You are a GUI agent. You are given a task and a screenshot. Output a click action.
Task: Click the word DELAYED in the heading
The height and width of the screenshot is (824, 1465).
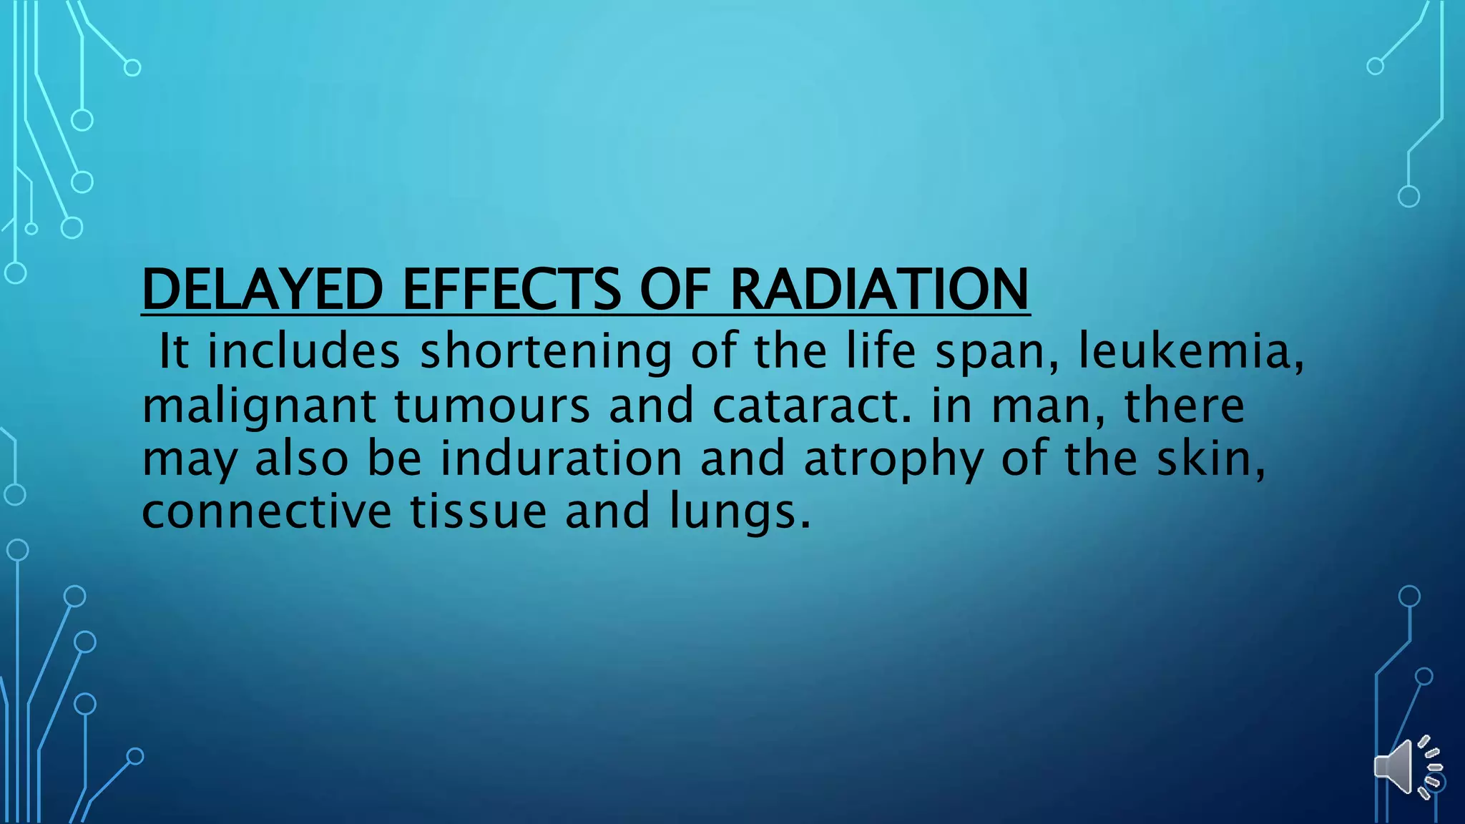pyautogui.click(x=263, y=289)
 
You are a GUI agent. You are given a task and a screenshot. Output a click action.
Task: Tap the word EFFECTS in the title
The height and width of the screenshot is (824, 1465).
pyautogui.click(x=512, y=289)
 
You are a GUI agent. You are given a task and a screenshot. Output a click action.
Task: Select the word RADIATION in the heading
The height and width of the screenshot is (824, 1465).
pyautogui.click(x=879, y=289)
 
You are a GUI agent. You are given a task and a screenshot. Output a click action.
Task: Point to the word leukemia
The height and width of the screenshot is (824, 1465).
pyautogui.click(x=1190, y=351)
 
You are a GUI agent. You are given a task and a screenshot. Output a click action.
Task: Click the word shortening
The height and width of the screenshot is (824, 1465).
pyautogui.click(x=546, y=353)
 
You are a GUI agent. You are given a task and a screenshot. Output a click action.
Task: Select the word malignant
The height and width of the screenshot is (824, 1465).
pyautogui.click(x=259, y=406)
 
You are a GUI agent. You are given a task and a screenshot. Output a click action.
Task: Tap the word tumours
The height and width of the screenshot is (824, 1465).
pyautogui.click(x=493, y=405)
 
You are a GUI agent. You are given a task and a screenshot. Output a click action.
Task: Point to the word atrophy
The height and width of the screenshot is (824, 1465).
pyautogui.click(x=893, y=460)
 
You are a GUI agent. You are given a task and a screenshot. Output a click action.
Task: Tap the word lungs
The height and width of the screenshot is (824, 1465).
pyautogui.click(x=740, y=512)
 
